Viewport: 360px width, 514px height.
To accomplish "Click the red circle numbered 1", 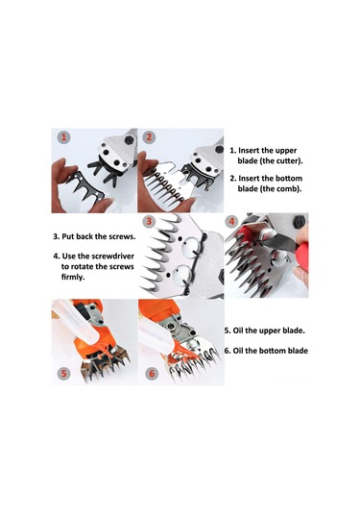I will pyautogui.click(x=62, y=137).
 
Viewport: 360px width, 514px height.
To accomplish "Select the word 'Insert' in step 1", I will pyautogui.click(x=252, y=151).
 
